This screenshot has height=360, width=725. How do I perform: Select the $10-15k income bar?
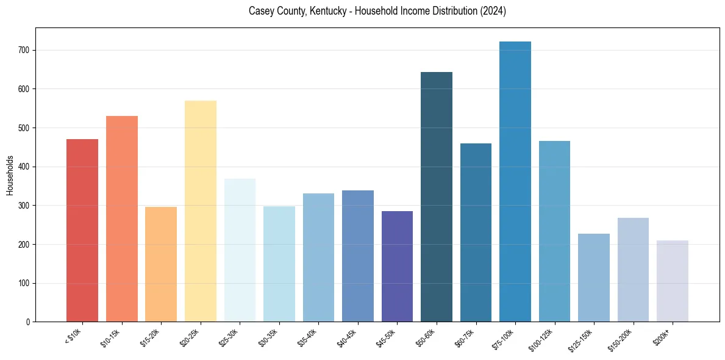point(122,219)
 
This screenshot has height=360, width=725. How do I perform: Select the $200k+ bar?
point(673,281)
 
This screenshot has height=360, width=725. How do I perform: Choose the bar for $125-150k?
point(594,278)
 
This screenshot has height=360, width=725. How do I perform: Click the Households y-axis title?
point(10,175)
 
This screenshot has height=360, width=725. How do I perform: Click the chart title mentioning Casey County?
point(377,12)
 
